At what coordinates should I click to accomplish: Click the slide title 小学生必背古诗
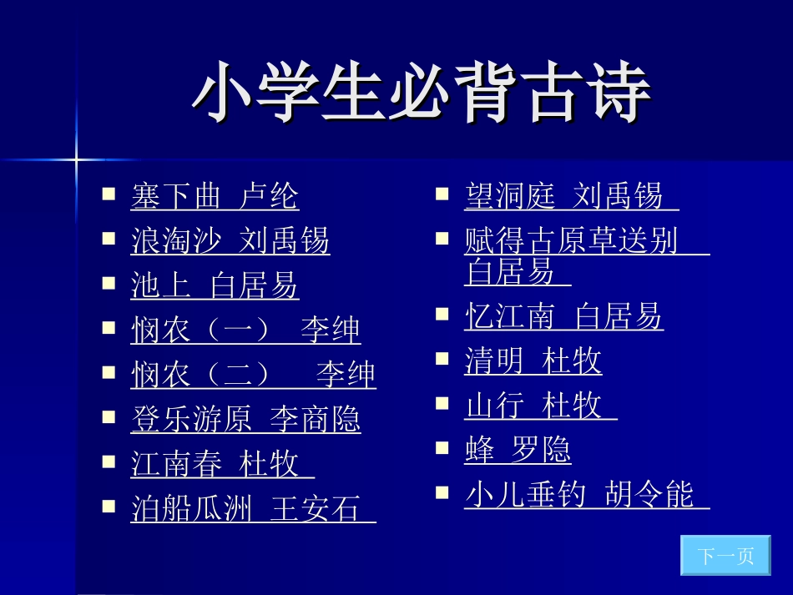pos(422,93)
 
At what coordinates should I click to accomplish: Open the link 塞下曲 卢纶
pos(215,197)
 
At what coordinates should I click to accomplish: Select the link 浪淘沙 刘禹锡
pos(230,241)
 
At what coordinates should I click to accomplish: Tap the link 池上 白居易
pos(215,285)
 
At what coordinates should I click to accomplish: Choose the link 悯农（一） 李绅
pos(245,330)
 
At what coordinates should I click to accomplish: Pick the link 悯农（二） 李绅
pos(253,375)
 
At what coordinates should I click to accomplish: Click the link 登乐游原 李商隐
pos(245,419)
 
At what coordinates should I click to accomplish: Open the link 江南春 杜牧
pos(222,464)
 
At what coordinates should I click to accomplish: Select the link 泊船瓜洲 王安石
pos(253,508)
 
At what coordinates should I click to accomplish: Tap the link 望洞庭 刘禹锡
pos(571,197)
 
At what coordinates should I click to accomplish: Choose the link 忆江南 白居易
pos(563,317)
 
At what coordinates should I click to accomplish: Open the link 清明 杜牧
pos(533,361)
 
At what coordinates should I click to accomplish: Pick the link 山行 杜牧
pos(540,406)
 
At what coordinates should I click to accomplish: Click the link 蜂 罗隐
pos(518,451)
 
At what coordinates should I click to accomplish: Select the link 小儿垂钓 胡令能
pos(586,495)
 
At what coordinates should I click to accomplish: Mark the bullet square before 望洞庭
pos(442,194)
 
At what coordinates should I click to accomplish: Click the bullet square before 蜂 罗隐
pos(442,447)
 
